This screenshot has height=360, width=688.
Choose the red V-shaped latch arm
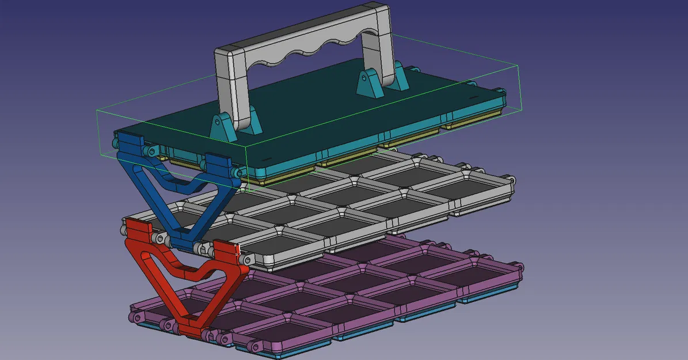(167, 271)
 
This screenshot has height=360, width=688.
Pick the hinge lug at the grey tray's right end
(509, 179)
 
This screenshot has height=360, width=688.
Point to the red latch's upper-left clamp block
(138, 230)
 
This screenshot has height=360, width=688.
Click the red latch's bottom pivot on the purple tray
(189, 331)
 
